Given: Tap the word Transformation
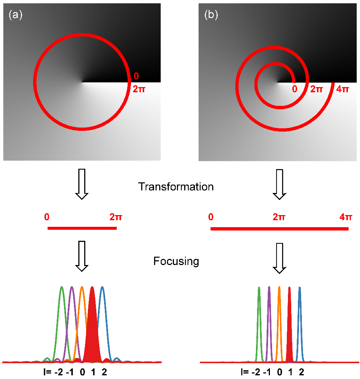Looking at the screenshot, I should (176, 187).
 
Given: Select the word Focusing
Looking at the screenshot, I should (176, 261).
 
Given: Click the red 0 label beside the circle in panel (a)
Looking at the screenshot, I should (136, 76).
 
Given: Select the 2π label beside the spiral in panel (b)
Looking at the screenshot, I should (318, 89).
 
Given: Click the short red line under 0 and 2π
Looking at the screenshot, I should (82, 228).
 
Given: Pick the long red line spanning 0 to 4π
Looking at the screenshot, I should (279, 229).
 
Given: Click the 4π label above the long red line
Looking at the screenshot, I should (345, 217).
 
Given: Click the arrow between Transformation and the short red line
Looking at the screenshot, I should (82, 184).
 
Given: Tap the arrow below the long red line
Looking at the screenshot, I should (279, 258).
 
